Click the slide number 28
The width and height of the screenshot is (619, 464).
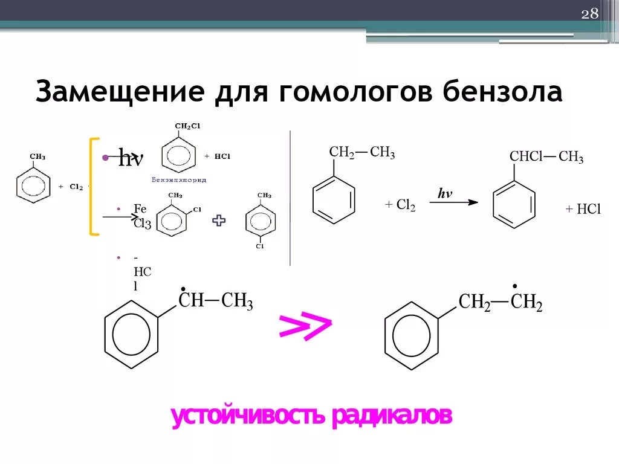tap(589, 14)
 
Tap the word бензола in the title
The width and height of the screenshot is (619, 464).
tap(502, 92)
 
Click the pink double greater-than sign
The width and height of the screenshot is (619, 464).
tap(305, 326)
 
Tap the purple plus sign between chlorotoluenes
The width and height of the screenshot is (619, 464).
tap(219, 221)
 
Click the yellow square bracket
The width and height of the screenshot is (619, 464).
tap(94, 185)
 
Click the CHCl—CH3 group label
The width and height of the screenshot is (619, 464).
tap(546, 158)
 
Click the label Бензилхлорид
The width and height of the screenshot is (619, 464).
tap(178, 180)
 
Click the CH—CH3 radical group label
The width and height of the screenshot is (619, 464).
tap(215, 301)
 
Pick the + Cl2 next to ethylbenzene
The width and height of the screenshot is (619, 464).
tap(400, 205)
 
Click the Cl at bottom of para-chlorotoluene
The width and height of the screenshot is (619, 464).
tap(259, 246)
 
